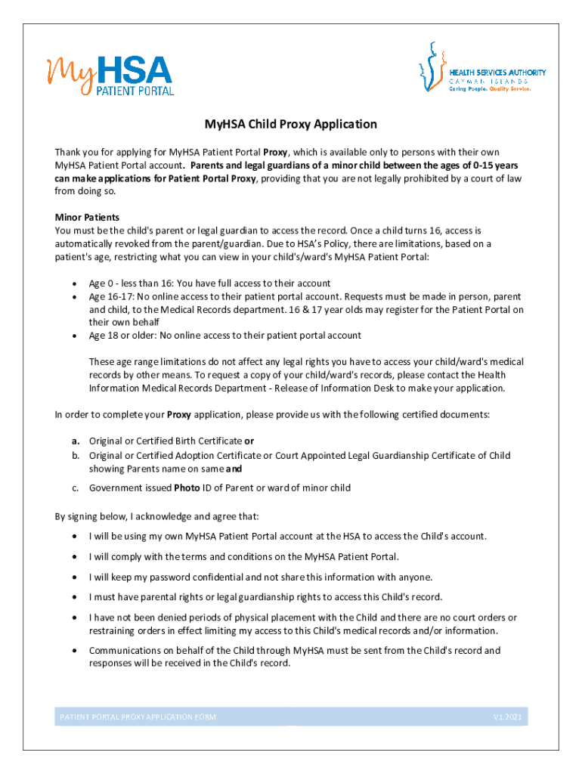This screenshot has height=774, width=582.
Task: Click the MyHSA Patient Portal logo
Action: [111, 74]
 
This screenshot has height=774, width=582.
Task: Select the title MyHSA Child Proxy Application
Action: [291, 124]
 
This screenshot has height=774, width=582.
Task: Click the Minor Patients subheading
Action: [87, 217]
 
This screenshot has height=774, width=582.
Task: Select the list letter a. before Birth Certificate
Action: [76, 441]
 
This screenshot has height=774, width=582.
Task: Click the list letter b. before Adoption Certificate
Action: [76, 455]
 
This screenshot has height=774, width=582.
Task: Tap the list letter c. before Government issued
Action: [76, 488]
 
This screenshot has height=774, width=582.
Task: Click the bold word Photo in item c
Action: [187, 488]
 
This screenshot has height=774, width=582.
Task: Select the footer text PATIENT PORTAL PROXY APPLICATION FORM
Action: [138, 717]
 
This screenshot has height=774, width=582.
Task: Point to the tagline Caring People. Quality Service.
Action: [491, 88]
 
